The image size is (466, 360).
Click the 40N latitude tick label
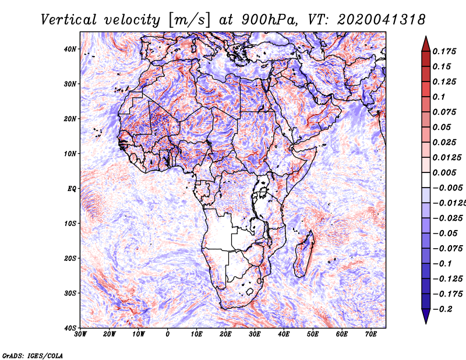click(x=70, y=49)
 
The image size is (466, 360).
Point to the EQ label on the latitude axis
click(x=72, y=189)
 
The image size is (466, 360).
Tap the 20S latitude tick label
click(x=70, y=258)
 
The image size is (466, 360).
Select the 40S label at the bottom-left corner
click(x=70, y=328)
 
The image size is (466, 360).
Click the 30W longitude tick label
click(x=80, y=334)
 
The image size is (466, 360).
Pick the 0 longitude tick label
click(x=168, y=334)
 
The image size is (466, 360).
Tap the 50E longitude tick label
click(x=313, y=334)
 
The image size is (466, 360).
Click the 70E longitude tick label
click(x=371, y=334)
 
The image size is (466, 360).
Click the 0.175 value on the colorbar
click(x=444, y=51)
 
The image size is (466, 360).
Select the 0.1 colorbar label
click(x=439, y=97)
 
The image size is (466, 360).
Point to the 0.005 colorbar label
click(x=444, y=172)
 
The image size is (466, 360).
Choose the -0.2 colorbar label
click(x=443, y=309)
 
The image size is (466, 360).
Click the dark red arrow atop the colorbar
click(x=426, y=44)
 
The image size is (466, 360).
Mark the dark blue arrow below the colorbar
click(x=426, y=316)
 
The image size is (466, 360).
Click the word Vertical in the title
click(x=69, y=20)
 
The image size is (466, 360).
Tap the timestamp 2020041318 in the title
click(x=382, y=20)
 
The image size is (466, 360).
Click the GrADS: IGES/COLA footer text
click(x=33, y=355)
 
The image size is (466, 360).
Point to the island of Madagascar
click(x=303, y=254)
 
